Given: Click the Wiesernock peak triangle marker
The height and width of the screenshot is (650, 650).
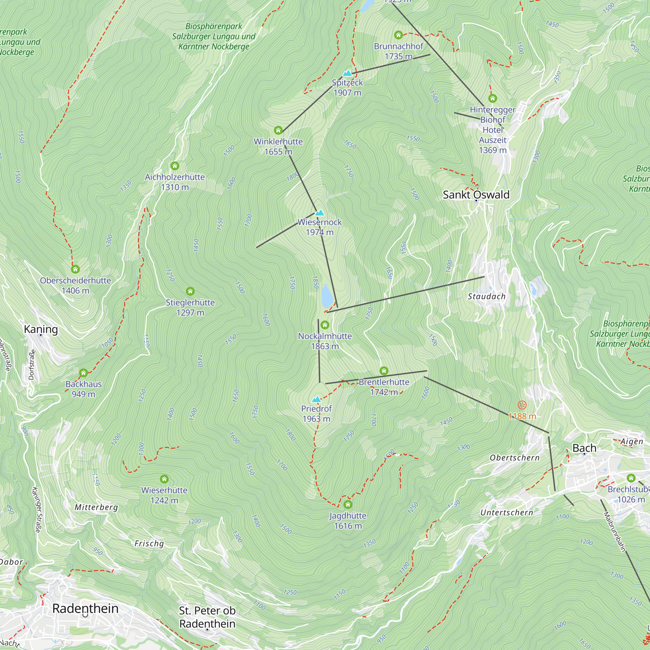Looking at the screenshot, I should coord(319,213).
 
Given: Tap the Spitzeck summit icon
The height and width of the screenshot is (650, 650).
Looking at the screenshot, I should coord(347,73).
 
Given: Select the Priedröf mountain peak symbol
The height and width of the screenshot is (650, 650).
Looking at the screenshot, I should coord(316,399).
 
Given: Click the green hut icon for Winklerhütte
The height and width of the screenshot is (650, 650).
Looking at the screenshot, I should coord(278,130).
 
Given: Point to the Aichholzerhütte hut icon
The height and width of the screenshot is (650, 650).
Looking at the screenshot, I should coord(175,165).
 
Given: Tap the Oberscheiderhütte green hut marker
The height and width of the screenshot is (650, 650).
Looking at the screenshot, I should coord(75,269).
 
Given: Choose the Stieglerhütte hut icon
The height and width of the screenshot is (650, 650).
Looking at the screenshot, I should coord(190,291).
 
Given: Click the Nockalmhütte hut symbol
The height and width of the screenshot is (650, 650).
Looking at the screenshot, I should coord(325,325).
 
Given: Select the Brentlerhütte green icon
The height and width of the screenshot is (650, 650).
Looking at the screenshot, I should coord(384,371).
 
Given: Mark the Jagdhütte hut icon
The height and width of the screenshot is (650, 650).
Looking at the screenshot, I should coord(348,504).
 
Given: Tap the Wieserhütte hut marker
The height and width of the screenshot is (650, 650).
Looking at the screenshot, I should coord(164,479).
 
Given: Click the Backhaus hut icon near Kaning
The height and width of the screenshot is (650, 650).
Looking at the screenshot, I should coord(84,372).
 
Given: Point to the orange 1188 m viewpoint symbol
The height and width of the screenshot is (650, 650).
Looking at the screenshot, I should coord(522,405).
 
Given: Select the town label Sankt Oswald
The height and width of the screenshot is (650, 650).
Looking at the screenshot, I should coord(476,194).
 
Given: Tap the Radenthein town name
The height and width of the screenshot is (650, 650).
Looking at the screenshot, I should coord(85,608).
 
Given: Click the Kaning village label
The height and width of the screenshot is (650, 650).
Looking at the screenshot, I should coord(41,329).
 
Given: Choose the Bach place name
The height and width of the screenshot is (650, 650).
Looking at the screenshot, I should coord(584,448).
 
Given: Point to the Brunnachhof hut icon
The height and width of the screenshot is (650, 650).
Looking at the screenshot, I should coord(398,35).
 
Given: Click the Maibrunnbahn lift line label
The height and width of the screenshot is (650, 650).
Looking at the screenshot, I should coord(614,532).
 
